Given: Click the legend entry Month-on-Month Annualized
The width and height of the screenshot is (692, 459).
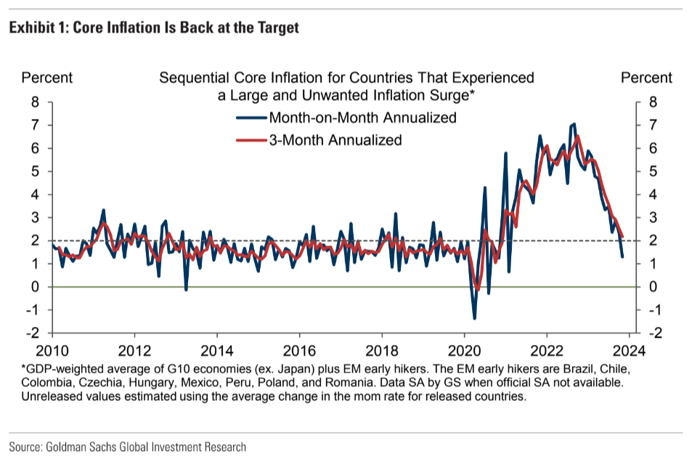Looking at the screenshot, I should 362,118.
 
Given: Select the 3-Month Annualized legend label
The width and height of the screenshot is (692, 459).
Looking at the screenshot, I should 335,140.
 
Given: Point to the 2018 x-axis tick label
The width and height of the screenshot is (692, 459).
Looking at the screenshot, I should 382,348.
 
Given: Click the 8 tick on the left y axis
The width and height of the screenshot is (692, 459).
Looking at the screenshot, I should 35,102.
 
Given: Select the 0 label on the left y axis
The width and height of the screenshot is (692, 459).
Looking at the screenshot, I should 35,287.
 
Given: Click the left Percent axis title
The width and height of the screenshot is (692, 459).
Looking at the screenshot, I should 47,78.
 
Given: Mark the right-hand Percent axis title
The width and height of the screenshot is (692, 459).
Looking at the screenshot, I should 646,78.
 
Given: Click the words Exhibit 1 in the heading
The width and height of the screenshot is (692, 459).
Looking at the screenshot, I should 37,28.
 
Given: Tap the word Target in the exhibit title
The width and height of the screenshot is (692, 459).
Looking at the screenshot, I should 276,28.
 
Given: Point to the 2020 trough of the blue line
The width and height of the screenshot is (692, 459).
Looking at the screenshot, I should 474,317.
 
